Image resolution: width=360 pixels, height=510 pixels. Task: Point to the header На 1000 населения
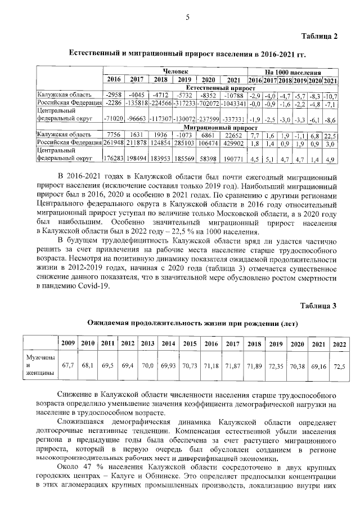point(293,73)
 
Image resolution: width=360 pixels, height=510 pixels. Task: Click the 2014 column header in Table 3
point(168,343)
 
